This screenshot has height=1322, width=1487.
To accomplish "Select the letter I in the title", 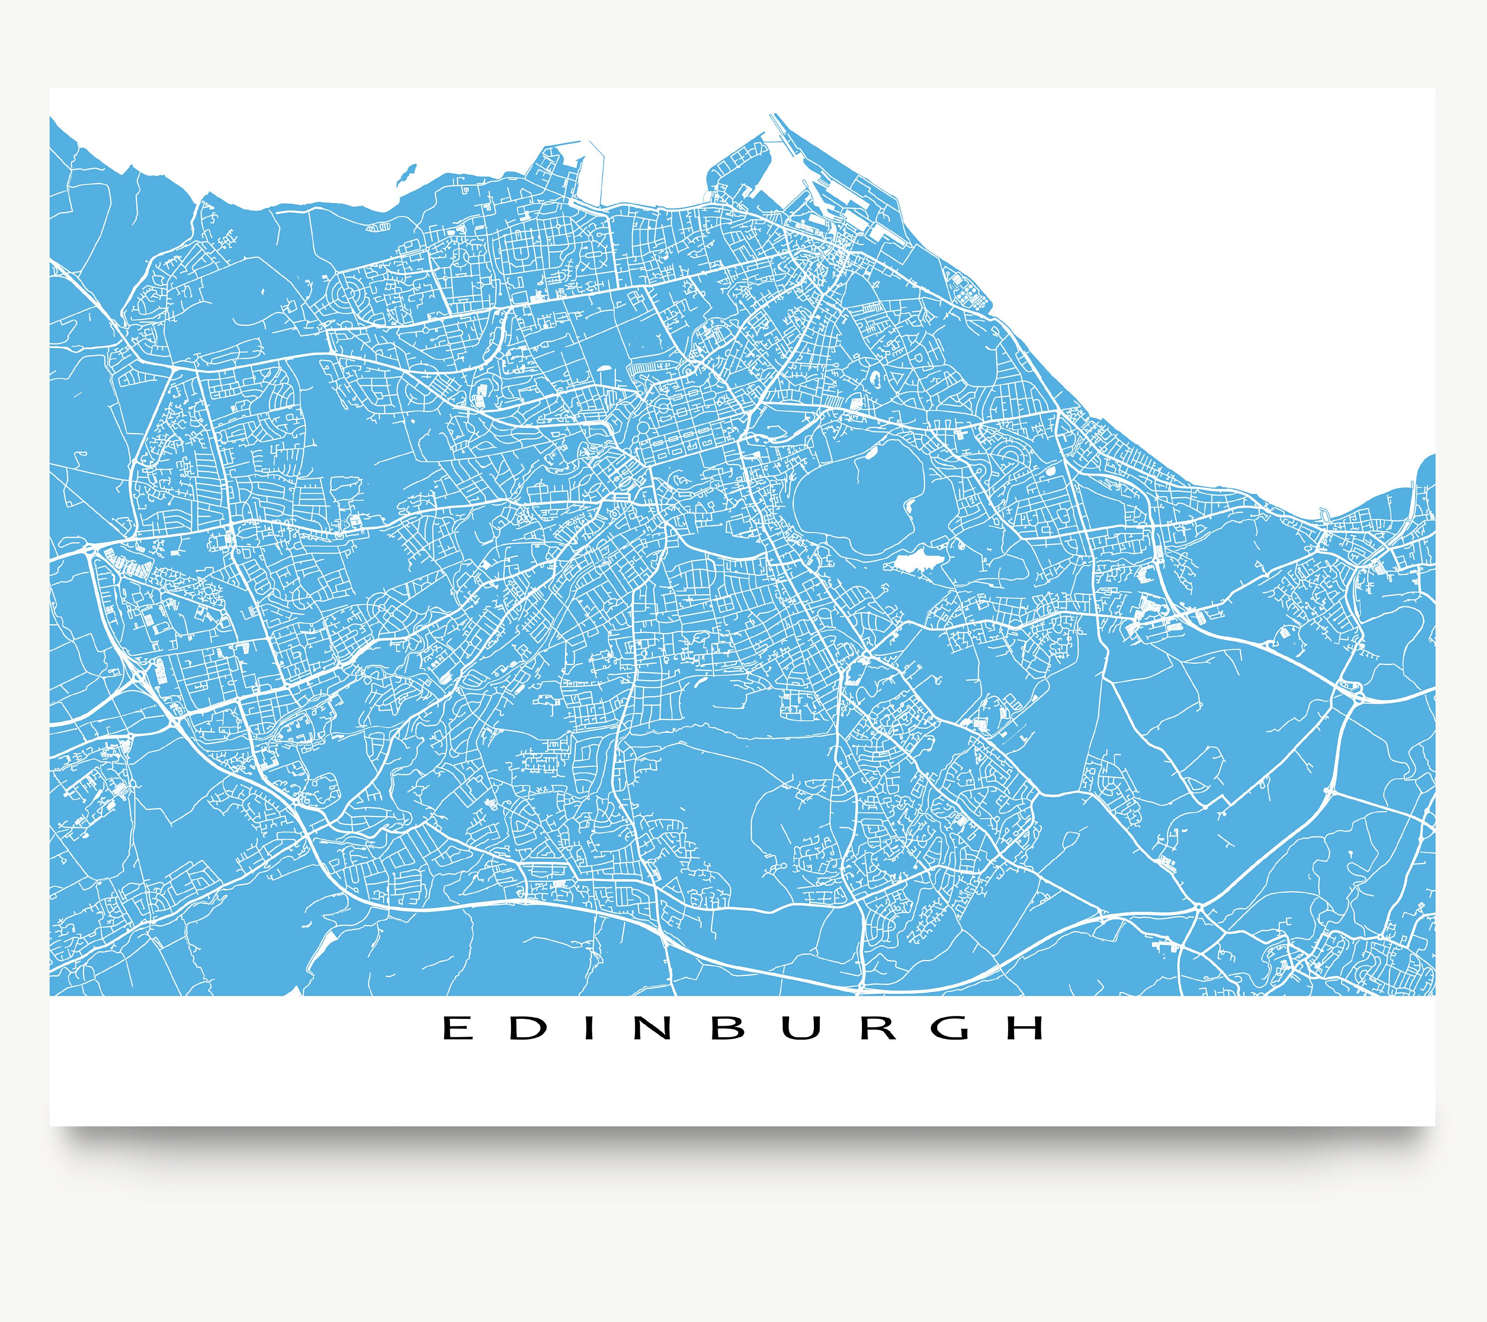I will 583,1028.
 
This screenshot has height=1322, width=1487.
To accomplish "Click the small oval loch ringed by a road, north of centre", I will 873,378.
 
